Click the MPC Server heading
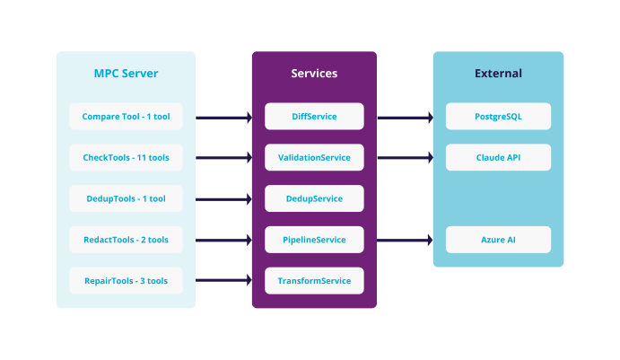126,73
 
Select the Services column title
314,73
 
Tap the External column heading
498,73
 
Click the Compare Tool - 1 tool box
126,117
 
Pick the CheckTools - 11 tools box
126,158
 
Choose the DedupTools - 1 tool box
126,198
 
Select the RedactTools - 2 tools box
126,240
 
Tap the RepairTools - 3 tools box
126,280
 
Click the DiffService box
314,117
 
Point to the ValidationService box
314,158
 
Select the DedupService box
314,198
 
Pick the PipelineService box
314,240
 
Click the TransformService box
314,280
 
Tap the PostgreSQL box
498,117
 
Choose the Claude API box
498,158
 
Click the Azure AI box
498,240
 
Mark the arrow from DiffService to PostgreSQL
405,117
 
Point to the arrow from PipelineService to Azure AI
405,240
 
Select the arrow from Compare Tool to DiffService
223,117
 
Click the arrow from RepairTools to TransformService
223,280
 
